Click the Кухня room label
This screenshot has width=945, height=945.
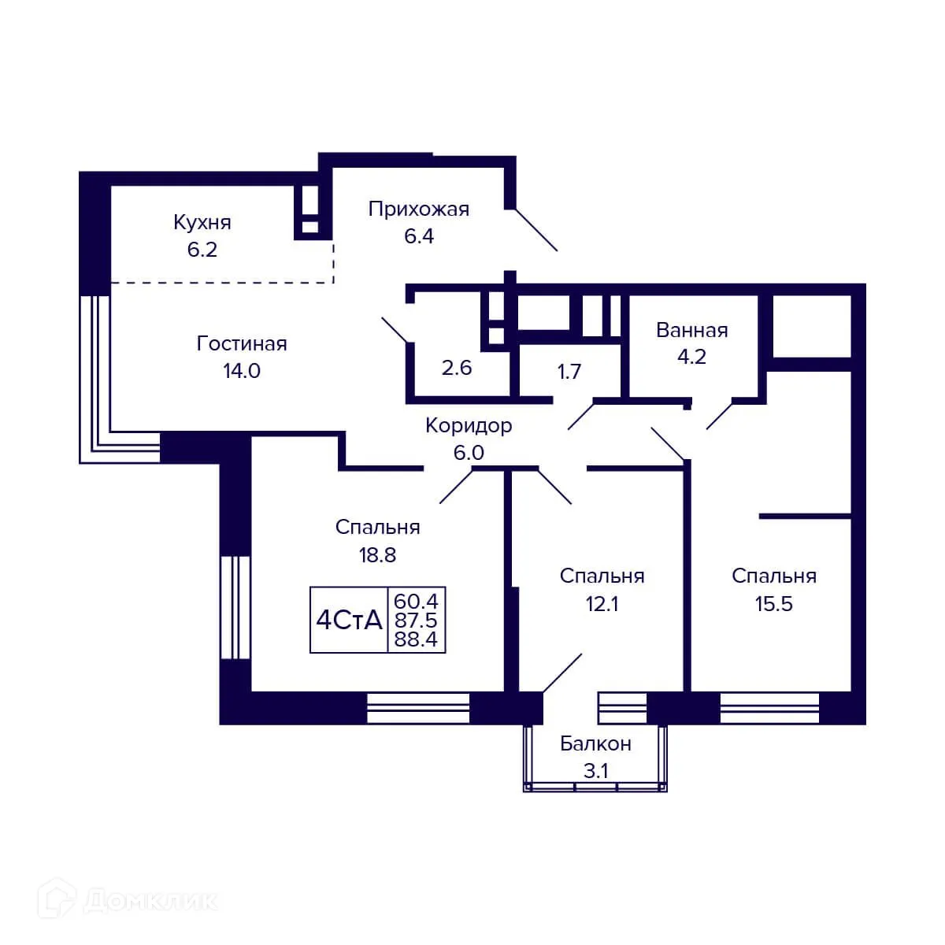pyautogui.click(x=202, y=223)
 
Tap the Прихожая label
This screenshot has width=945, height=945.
pyautogui.click(x=419, y=209)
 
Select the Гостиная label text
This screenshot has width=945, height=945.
pyautogui.click(x=242, y=344)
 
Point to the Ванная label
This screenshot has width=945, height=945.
pyautogui.click(x=691, y=330)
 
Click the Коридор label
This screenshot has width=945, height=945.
pyautogui.click(x=469, y=426)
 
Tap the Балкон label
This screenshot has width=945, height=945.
pyautogui.click(x=595, y=744)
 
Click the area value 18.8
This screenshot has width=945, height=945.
pyautogui.click(x=377, y=555)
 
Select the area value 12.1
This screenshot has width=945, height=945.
pyautogui.click(x=602, y=604)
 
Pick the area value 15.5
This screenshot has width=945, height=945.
pyautogui.click(x=773, y=604)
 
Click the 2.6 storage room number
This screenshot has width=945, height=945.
pyautogui.click(x=457, y=368)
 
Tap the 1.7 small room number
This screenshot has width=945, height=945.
pyautogui.click(x=569, y=372)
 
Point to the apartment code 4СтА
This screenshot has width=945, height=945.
pyautogui.click(x=349, y=621)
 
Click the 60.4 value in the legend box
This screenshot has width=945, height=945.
pyautogui.click(x=416, y=601)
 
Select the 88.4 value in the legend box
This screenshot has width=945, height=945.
pyautogui.click(x=416, y=639)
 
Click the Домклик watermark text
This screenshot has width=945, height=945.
pyautogui.click(x=150, y=900)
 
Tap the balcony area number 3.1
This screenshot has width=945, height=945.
pyautogui.click(x=595, y=771)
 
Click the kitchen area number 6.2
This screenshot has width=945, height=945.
pyautogui.click(x=202, y=250)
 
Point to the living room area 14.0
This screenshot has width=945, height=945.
pyautogui.click(x=242, y=371)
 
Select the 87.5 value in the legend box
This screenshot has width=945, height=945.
pyautogui.click(x=416, y=621)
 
